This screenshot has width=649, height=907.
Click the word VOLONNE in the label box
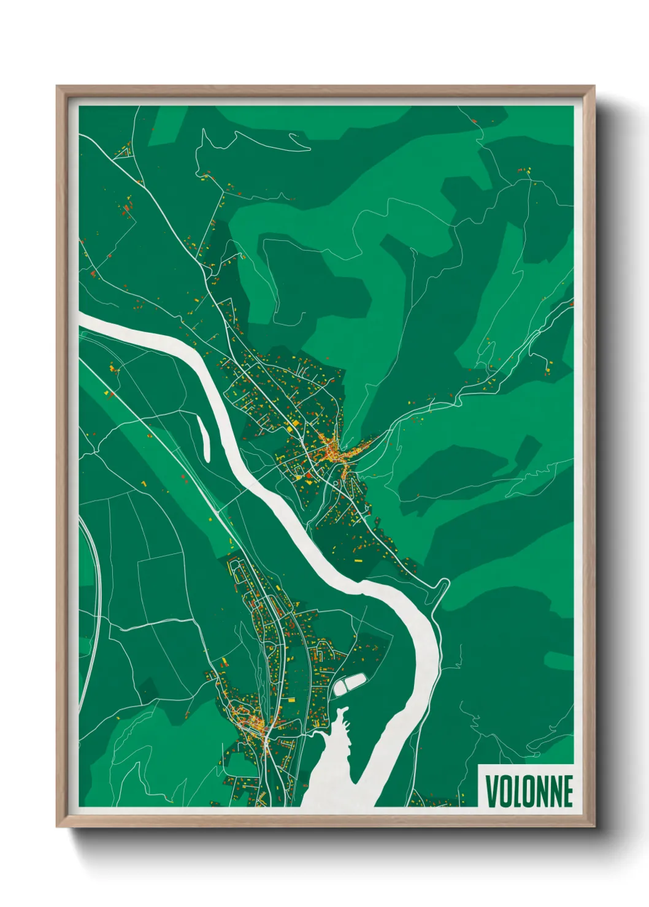[x=529, y=791]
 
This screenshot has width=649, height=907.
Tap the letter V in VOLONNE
[x=492, y=791]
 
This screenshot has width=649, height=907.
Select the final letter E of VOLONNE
[x=567, y=791]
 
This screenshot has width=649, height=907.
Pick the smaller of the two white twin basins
[x=340, y=688]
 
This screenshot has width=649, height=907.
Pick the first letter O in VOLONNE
[x=505, y=791]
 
